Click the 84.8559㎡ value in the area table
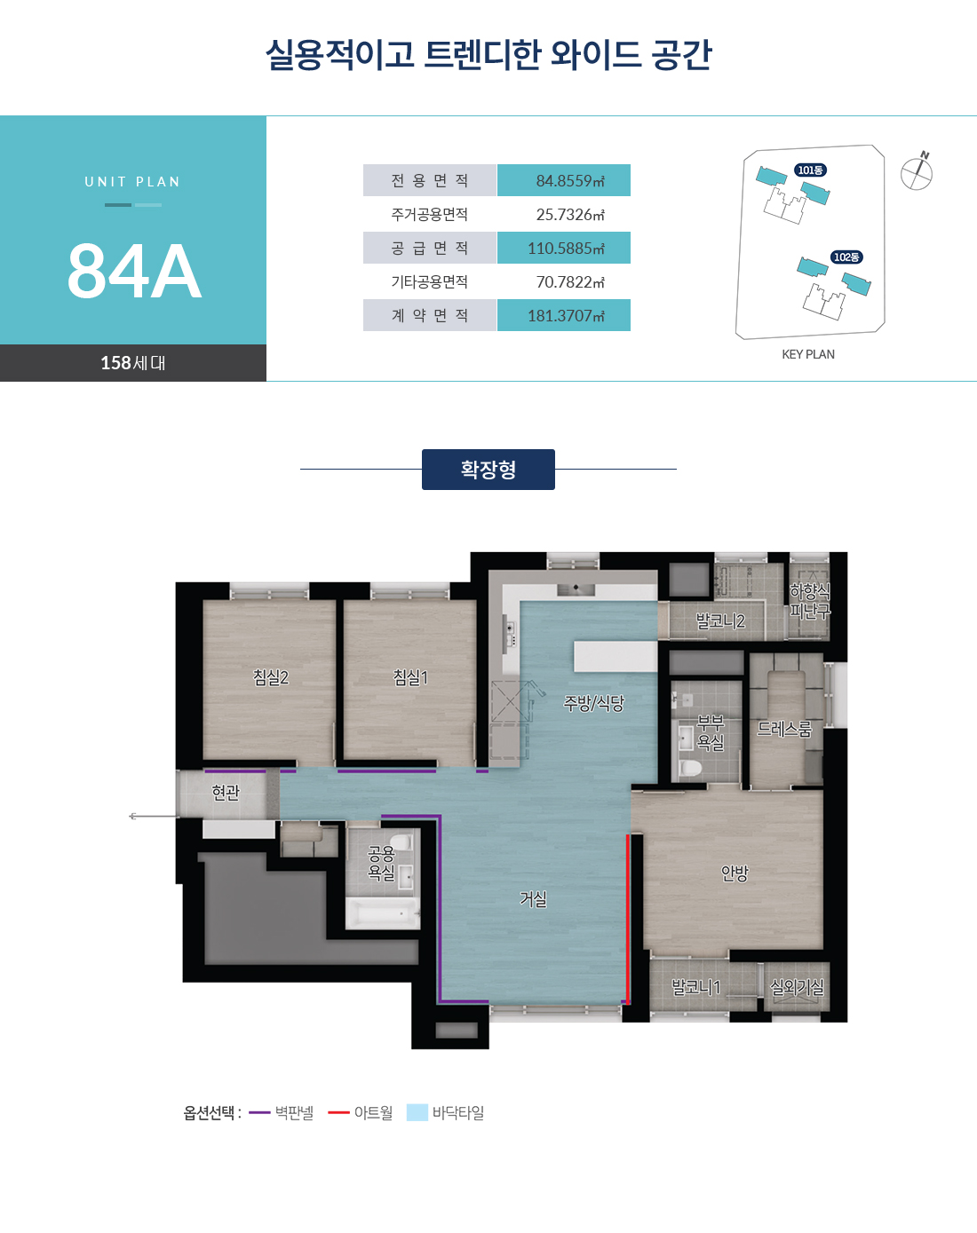(x=570, y=181)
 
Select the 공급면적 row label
(x=430, y=248)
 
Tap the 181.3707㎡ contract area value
(x=566, y=316)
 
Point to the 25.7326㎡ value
(x=570, y=215)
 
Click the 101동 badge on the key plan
(x=810, y=170)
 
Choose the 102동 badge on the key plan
(x=846, y=257)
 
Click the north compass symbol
(x=917, y=171)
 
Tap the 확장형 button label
(x=488, y=470)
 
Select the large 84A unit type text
(x=134, y=271)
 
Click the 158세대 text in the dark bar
(x=133, y=363)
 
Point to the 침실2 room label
(x=271, y=678)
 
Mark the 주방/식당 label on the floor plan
(x=593, y=703)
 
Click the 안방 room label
(x=735, y=873)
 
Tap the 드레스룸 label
(x=784, y=729)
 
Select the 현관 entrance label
(x=226, y=793)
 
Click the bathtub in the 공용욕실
(x=383, y=913)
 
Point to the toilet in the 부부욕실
(x=690, y=769)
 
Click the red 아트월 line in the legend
(x=338, y=1112)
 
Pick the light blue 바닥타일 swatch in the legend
(x=417, y=1112)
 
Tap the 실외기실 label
(x=797, y=987)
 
